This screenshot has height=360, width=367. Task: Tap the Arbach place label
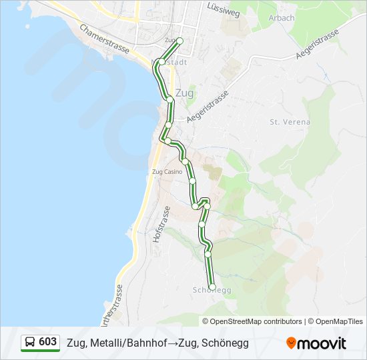tap(282, 18)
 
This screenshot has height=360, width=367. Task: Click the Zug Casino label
tap(167, 172)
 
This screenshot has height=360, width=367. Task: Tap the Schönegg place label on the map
tap(212, 290)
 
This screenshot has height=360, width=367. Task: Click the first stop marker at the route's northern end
tap(179, 41)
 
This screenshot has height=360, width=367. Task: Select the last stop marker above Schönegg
tap(213, 287)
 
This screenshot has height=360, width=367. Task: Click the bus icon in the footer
tap(30, 343)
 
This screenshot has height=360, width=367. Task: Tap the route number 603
tap(47, 342)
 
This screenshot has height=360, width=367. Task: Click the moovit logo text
tap(322, 343)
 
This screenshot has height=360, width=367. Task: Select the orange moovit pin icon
tap(291, 343)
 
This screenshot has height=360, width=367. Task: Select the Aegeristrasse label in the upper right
tap(317, 44)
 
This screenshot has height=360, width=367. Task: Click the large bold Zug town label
tap(183, 93)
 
